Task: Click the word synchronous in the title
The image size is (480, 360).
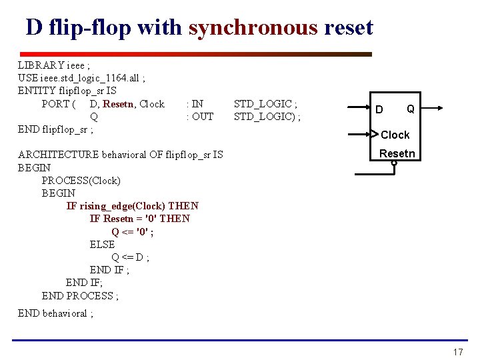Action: tap(253, 27)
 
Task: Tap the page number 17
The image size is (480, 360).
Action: tap(457, 351)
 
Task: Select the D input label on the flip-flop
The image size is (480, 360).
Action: tap(379, 109)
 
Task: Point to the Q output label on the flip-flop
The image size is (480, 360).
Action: tap(410, 109)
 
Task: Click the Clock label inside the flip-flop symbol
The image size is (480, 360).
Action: tap(395, 135)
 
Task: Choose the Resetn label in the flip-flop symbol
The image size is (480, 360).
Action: tap(397, 154)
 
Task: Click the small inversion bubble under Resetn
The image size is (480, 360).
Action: tap(394, 162)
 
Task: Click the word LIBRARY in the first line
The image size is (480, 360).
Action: tap(41, 65)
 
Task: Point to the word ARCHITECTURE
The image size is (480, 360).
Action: tap(59, 155)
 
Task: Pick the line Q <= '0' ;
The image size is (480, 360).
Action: tap(133, 231)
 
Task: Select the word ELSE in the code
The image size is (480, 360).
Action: tap(102, 244)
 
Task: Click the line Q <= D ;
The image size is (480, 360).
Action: tap(131, 257)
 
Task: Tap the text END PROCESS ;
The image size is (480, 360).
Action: tap(80, 295)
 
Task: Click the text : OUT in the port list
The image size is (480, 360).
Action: tap(200, 116)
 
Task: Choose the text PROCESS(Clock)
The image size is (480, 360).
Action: tap(81, 180)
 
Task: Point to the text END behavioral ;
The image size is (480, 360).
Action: tap(55, 313)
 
